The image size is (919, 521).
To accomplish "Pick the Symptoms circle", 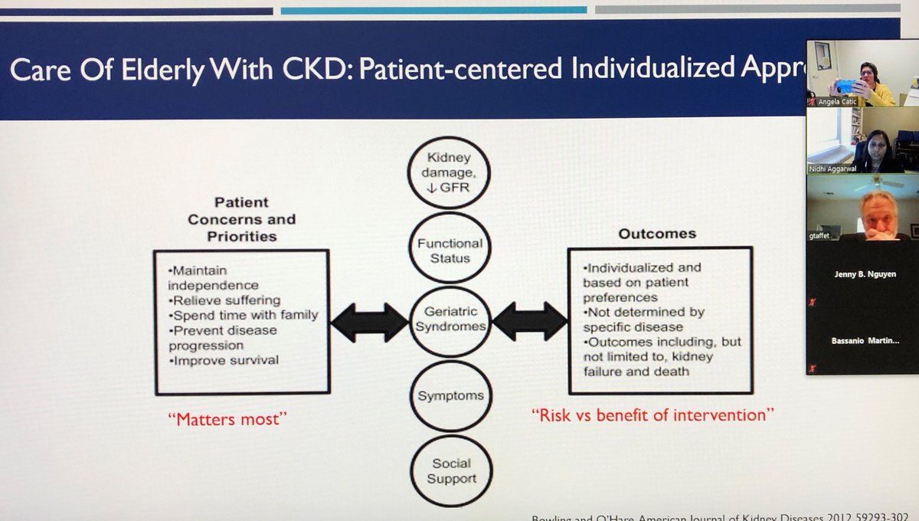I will [450, 396].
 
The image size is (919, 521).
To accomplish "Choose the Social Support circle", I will [450, 470].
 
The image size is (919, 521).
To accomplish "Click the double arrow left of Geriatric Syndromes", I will [370, 322].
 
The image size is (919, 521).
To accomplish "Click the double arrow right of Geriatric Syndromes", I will [531, 320].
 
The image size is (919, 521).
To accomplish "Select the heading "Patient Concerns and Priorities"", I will [241, 219].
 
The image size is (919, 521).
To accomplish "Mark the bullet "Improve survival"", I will [222, 361].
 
